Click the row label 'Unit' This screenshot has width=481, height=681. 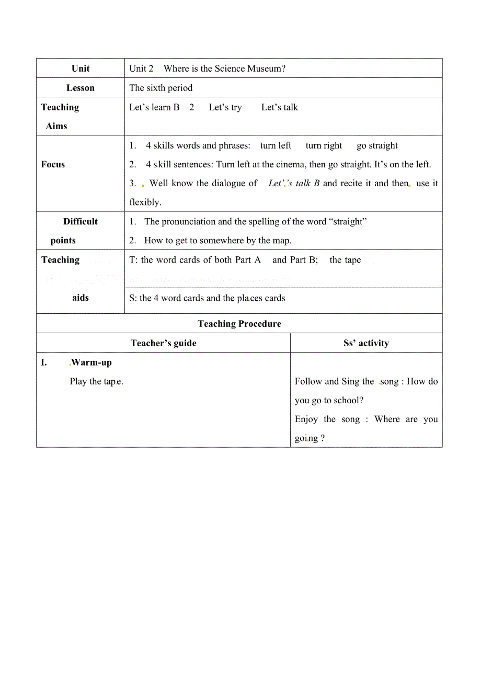[81, 69]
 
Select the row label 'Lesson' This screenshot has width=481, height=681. [81, 88]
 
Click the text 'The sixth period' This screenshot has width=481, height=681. [161, 88]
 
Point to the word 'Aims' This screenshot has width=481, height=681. [56, 126]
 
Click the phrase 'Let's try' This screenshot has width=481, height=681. [225, 107]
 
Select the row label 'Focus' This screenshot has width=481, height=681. [53, 164]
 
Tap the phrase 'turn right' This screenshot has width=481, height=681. [324, 145]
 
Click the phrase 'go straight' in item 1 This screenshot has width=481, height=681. [377, 145]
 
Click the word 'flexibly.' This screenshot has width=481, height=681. [145, 202]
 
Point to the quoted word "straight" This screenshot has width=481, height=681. [348, 221]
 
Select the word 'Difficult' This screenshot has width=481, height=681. [81, 221]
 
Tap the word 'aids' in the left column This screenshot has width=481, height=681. [81, 298]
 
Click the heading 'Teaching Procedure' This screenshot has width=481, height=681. [239, 324]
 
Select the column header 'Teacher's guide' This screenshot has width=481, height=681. [164, 343]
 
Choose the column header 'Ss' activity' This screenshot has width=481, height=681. [366, 343]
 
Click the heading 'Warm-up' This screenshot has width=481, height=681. [91, 362]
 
